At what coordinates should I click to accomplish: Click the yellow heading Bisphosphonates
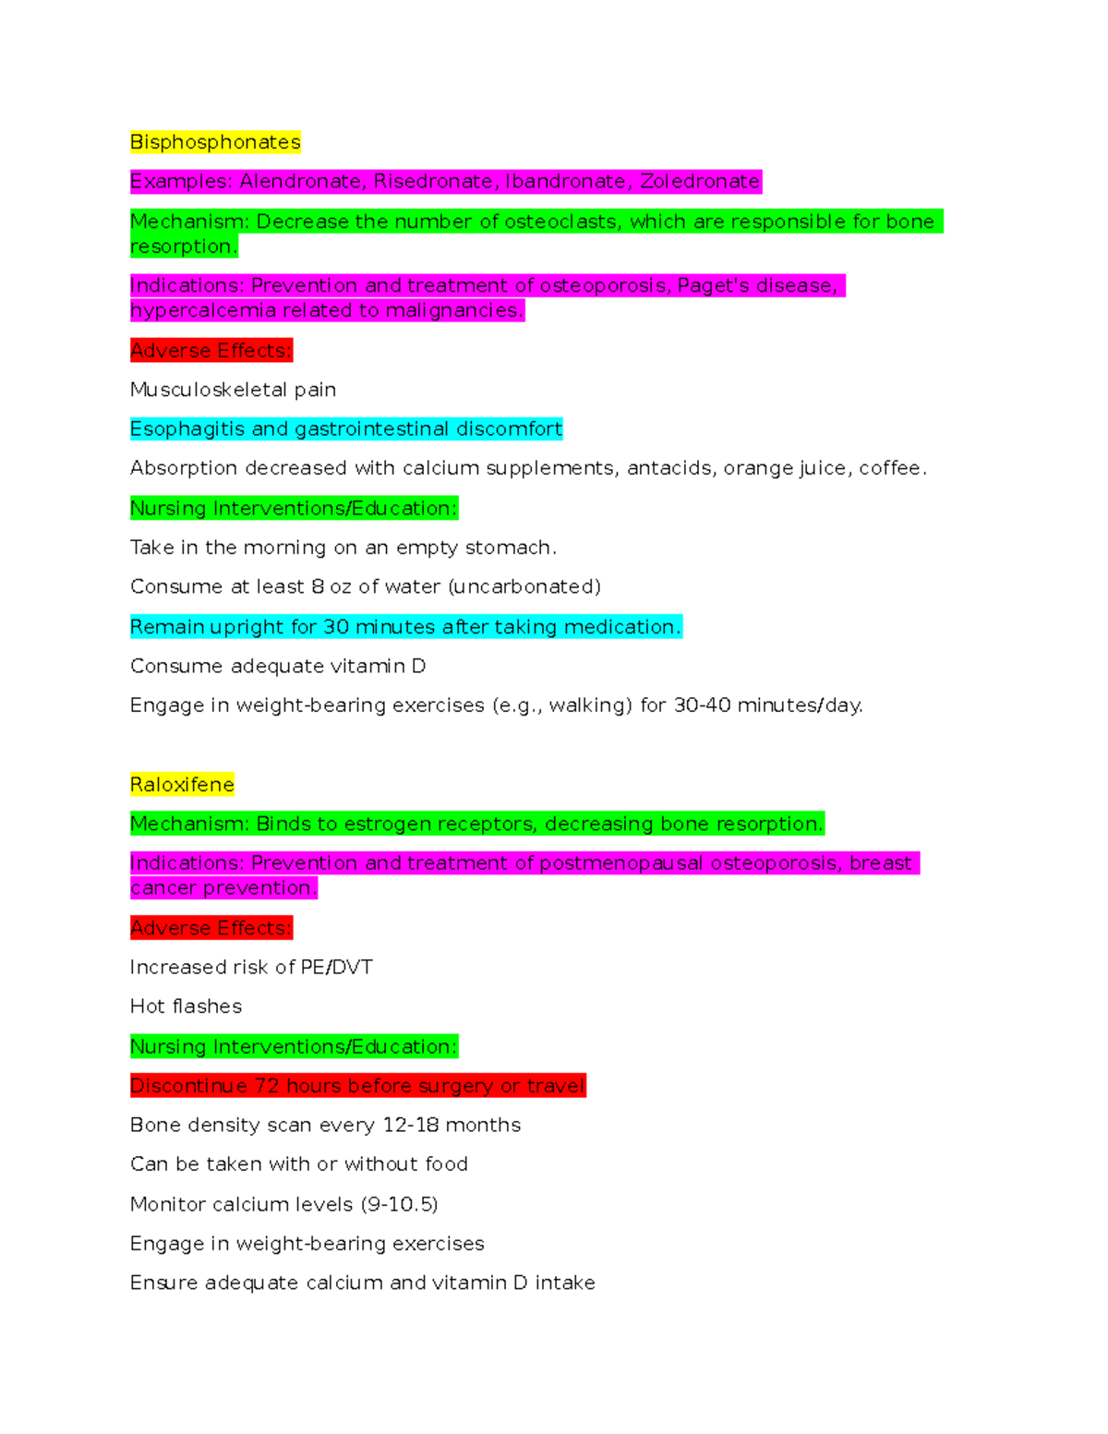click(x=215, y=142)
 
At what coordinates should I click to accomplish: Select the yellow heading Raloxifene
click(x=182, y=785)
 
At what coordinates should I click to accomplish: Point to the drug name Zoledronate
click(x=700, y=181)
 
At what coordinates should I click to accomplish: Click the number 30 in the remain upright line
click(x=336, y=627)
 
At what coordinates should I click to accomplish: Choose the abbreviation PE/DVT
click(x=336, y=967)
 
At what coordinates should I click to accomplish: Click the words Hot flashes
click(x=186, y=1006)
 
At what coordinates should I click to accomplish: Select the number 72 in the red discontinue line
click(x=267, y=1086)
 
